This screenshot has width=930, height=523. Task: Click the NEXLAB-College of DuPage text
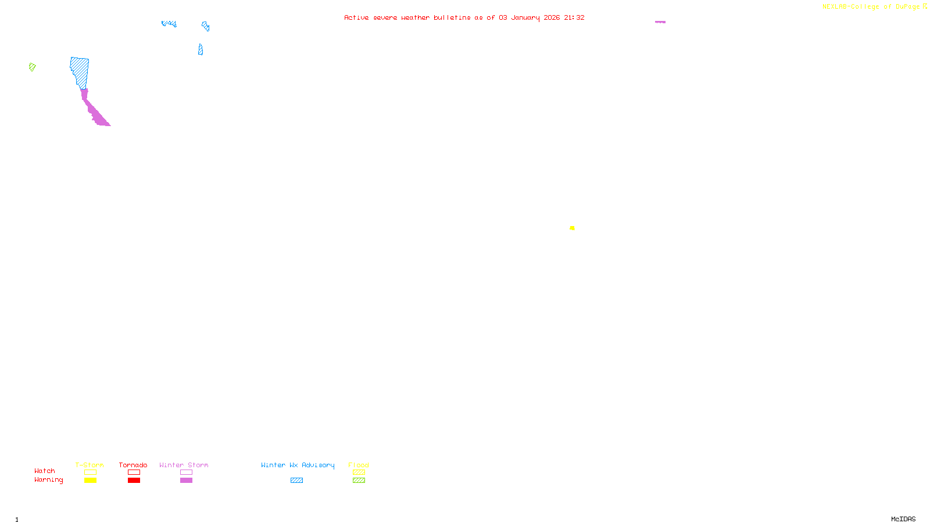pos(871,7)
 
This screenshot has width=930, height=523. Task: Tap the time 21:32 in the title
pos(574,18)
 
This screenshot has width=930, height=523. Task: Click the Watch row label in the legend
pos(45,471)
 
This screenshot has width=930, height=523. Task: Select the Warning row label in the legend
pos(48,480)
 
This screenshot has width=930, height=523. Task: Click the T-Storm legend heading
pos(90,465)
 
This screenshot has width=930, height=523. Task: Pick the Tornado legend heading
pos(133,465)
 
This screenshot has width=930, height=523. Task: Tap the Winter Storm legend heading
pos(184,465)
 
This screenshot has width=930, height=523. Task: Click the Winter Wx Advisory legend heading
pos(298,465)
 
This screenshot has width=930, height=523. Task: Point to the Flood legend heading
pos(359,465)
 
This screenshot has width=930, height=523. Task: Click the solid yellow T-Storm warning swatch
pos(90,481)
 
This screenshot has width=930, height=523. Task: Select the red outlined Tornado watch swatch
pos(134,472)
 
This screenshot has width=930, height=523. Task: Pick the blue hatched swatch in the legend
pos(296,481)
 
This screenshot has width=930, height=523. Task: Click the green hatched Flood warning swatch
pos(359,481)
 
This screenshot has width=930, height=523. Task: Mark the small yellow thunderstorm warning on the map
pos(572,228)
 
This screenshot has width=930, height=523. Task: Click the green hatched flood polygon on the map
pos(32,67)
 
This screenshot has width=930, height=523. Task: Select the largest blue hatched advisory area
pos(80,71)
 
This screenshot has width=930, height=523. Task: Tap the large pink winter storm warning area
pos(95,112)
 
